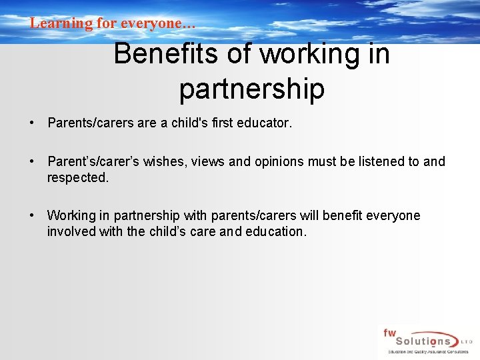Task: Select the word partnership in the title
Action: pyautogui.click(x=251, y=89)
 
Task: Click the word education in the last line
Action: pyautogui.click(x=275, y=231)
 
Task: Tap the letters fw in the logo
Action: pyautogui.click(x=389, y=332)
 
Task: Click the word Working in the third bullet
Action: pyautogui.click(x=71, y=215)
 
